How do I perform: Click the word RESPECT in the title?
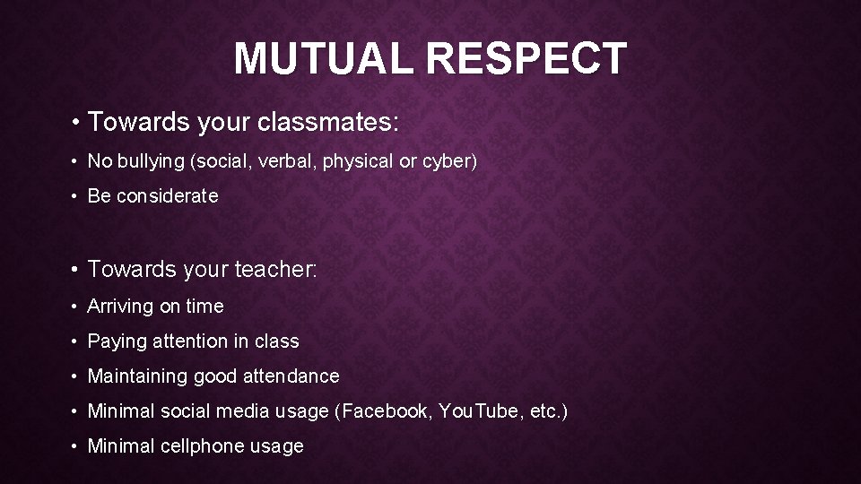[x=526, y=59]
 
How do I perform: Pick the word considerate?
[x=167, y=196]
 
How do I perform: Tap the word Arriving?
[x=120, y=307]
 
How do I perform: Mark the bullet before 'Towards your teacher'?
[x=77, y=269]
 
